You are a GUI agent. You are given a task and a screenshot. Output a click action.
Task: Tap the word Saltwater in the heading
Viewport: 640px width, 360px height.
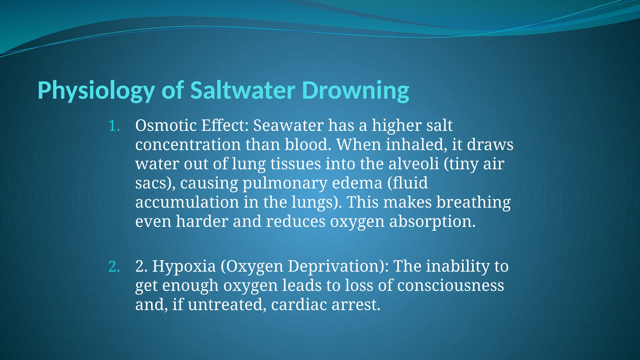(242, 90)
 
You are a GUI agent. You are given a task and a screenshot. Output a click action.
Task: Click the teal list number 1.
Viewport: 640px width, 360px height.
(114, 126)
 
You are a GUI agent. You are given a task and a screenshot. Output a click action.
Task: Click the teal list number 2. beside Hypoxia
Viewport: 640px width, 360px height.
(114, 267)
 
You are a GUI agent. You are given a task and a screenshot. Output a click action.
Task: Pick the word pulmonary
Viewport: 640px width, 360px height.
(285, 183)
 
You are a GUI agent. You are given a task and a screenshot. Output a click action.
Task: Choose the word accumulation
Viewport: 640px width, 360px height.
(187, 202)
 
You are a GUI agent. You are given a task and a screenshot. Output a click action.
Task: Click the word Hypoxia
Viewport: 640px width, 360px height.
(184, 267)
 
